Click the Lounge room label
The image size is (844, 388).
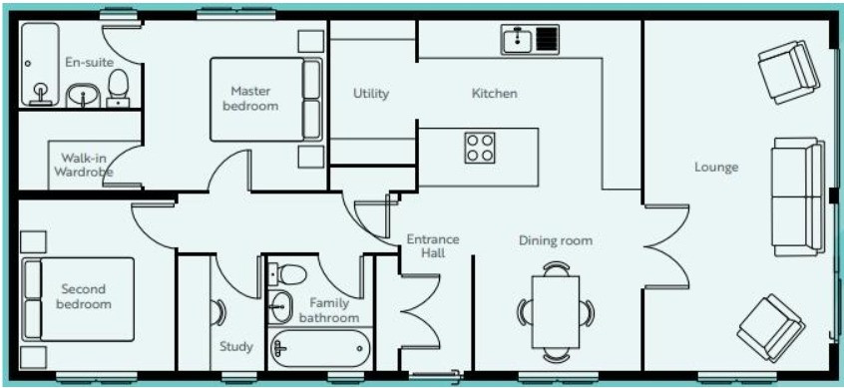tap(716, 168)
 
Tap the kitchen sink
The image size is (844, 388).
tap(530, 39)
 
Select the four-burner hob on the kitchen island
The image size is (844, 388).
tap(480, 148)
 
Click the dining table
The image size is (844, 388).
tap(556, 311)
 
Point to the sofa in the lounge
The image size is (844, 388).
tap(798, 196)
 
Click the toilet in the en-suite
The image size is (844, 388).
tap(118, 89)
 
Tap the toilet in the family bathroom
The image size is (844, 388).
tap(287, 274)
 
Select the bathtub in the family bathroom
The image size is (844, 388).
tap(321, 348)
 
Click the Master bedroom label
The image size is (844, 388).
tap(250, 99)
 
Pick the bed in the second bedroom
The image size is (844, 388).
tap(79, 298)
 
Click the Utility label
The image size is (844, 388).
tap(371, 94)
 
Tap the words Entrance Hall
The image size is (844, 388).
tap(433, 246)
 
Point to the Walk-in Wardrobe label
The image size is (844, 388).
tap(84, 166)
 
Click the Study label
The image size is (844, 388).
tap(235, 347)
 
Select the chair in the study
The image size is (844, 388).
tap(217, 312)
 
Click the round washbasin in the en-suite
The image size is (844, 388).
tap(84, 96)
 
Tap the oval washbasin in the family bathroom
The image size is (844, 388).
tap(280, 307)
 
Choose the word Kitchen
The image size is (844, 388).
tap(494, 94)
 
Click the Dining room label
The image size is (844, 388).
tap(556, 240)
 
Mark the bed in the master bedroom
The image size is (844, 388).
tap(266, 100)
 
